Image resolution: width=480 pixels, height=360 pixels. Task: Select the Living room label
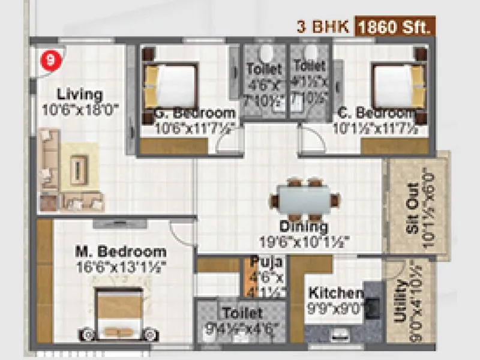[x=80, y=94]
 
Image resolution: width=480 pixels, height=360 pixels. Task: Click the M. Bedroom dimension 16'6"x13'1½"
[x=121, y=265]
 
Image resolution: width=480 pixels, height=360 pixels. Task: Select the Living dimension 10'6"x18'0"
[x=81, y=109]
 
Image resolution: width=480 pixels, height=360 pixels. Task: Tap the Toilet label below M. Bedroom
[x=242, y=313]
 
